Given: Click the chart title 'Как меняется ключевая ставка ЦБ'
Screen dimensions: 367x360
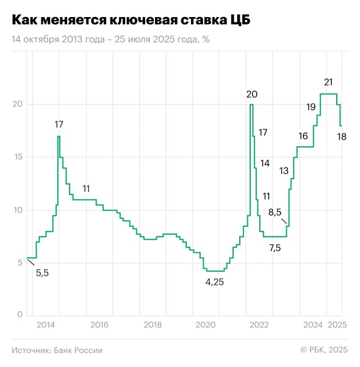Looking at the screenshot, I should click(131, 20).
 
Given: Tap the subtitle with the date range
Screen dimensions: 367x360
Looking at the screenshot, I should click(110, 39).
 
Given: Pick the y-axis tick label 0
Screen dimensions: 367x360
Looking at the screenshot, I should click(20, 315).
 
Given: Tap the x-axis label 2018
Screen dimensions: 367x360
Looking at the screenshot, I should click(153, 326).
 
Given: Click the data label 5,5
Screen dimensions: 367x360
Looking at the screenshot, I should click(42, 273).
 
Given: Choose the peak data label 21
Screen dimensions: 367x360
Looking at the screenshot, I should click(328, 82).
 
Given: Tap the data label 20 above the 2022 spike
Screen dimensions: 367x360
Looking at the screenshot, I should click(251, 94).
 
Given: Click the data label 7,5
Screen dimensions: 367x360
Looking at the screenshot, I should click(275, 248).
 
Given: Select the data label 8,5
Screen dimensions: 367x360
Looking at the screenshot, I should click(275, 212).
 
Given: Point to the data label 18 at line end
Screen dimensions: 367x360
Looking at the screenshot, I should click(342, 137).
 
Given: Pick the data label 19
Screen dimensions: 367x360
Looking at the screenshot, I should click(311, 107).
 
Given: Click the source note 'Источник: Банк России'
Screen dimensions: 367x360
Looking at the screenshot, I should click(57, 350).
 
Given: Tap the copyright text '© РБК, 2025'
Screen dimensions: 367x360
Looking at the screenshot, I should click(324, 350).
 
